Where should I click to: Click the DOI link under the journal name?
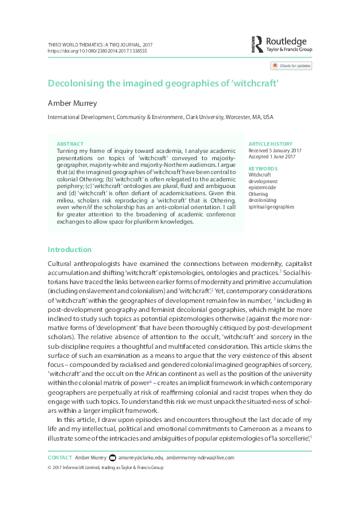pyautogui.click(x=97, y=51)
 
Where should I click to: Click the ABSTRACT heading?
pyautogui.click(x=70, y=144)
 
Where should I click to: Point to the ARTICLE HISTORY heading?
pyautogui.click(x=270, y=144)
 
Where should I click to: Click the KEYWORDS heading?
pyautogui.click(x=263, y=169)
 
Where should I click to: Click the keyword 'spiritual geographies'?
pyautogui.click(x=272, y=207)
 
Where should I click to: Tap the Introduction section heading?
pyautogui.click(x=70, y=250)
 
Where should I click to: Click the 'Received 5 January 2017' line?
pyautogui.click(x=274, y=151)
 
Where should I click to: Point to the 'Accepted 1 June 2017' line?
pyautogui.click(x=272, y=157)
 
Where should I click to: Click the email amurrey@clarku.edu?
pyautogui.click(x=143, y=458)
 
